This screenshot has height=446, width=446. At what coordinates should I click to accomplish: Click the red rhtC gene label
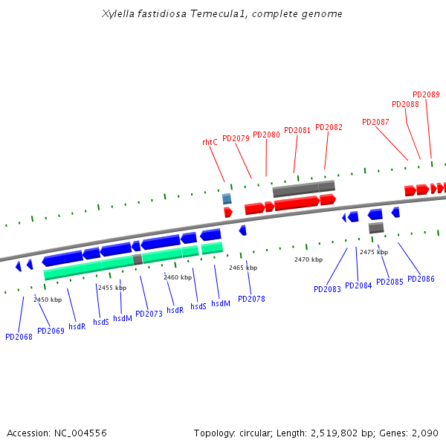point(210,142)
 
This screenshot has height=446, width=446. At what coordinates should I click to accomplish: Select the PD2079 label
point(236,138)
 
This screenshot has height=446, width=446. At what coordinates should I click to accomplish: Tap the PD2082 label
point(329,127)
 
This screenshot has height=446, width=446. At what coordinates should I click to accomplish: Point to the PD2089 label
point(426,94)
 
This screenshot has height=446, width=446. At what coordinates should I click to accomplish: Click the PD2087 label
point(375,122)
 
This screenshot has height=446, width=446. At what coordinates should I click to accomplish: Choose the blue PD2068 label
point(19,337)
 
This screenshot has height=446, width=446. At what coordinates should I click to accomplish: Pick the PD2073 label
point(149,314)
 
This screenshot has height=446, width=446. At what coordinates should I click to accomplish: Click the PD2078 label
point(251,299)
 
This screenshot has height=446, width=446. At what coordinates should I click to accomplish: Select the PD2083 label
point(327,289)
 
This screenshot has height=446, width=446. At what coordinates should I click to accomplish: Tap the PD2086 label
point(421,279)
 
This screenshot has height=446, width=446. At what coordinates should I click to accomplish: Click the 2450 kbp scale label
point(48,300)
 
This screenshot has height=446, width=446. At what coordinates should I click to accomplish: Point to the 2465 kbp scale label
point(243,268)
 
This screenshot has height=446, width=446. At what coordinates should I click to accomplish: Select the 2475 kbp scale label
point(374,252)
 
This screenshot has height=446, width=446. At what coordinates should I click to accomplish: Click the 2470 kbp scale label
point(308,259)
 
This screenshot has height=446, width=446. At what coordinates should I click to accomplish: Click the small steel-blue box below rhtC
point(227,198)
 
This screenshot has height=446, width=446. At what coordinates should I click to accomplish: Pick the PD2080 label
point(266,135)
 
